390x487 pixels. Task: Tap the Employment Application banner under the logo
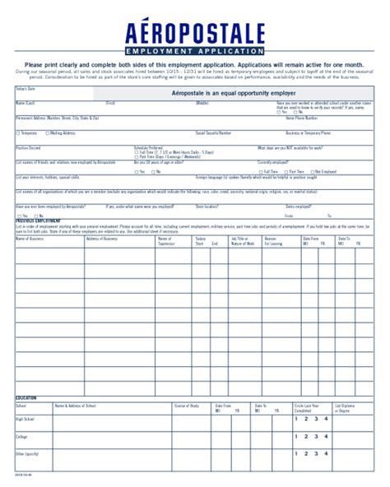pyautogui.click(x=195, y=52)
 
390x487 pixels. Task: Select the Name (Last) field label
pyautogui.click(x=26, y=103)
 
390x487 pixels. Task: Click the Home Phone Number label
pyautogui.click(x=301, y=118)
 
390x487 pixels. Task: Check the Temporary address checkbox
pyautogui.click(x=17, y=132)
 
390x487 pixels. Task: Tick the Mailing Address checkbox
pyautogui.click(x=47, y=132)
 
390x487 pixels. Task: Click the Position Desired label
pyautogui.click(x=28, y=147)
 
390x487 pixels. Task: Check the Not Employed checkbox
pyautogui.click(x=317, y=172)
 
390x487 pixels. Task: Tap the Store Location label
pyautogui.click(x=207, y=206)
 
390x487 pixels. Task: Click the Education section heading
pyautogui.click(x=26, y=397)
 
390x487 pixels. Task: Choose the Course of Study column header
pyautogui.click(x=187, y=406)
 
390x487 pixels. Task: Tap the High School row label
pyautogui.click(x=26, y=419)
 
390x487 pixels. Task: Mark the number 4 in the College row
pyautogui.click(x=326, y=436)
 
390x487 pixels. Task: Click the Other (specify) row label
pyautogui.click(x=28, y=453)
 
